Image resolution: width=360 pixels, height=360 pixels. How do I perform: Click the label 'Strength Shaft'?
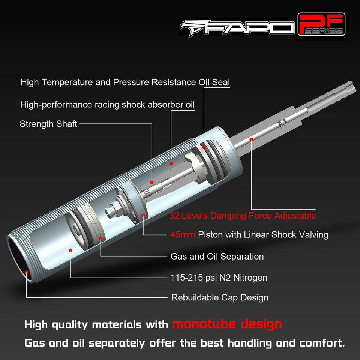[48, 124]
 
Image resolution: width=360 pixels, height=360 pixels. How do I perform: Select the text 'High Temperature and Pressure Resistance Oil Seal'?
[125, 82]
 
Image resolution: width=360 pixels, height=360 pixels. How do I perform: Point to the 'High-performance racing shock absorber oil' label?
[108, 104]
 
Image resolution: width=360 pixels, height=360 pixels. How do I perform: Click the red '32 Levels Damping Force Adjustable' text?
[243, 216]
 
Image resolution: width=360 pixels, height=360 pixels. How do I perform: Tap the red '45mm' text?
[183, 235]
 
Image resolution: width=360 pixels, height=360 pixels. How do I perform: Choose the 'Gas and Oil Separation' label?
[217, 256]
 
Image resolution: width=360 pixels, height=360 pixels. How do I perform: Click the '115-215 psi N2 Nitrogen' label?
[219, 277]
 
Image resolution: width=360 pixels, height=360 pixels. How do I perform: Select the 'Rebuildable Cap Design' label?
[220, 297]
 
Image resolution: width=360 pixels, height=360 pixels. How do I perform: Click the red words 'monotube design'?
[227, 324]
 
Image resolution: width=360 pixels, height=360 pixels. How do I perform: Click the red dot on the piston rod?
[251, 139]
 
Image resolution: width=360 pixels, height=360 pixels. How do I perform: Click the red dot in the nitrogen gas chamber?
[70, 249]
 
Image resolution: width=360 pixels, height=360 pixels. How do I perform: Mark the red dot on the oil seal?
[204, 147]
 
